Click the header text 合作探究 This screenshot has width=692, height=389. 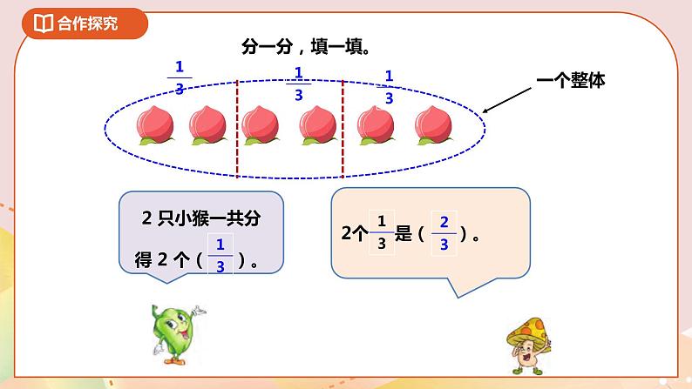point(88,23)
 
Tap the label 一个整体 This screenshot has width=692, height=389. point(572,80)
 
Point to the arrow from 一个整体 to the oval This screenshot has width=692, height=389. point(510,99)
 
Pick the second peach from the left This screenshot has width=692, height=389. point(207,126)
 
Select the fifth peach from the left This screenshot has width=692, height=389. point(376,126)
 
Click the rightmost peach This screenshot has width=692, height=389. point(431,126)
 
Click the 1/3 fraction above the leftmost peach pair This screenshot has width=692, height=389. point(180,77)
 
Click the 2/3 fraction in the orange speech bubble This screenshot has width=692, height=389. point(444,232)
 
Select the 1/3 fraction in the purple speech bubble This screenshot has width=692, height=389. point(220,256)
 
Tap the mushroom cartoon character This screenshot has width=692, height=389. point(530,345)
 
